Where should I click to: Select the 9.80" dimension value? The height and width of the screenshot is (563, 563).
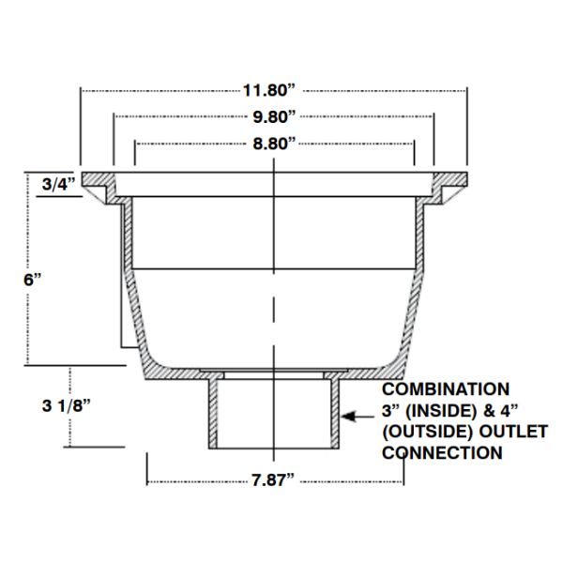pos(274,116)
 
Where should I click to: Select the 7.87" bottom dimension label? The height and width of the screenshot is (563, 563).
pos(274,482)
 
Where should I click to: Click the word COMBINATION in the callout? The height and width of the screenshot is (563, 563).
pos(446,388)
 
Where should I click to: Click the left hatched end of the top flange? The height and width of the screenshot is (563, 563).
pos(95,180)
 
